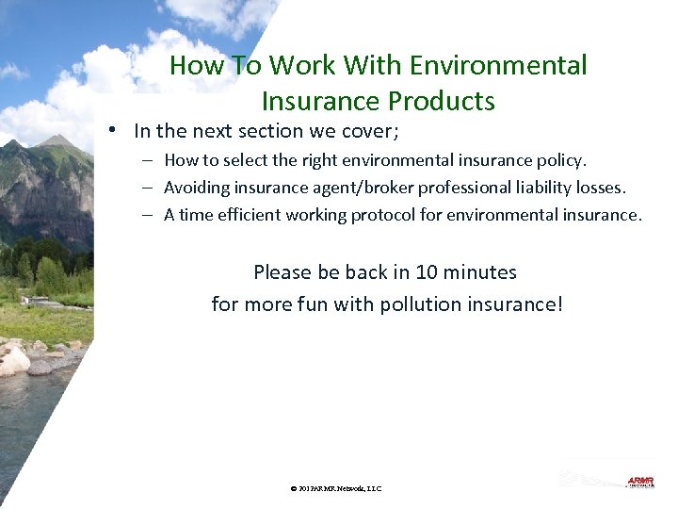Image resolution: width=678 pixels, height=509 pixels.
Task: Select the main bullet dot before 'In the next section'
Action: (x=112, y=131)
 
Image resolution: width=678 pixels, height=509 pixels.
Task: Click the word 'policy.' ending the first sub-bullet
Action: (x=559, y=160)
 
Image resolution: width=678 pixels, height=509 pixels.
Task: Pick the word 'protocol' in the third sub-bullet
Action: (x=383, y=215)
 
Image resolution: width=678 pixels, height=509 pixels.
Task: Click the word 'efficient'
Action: (x=249, y=215)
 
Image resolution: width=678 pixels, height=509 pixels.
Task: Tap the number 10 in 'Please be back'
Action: (x=426, y=272)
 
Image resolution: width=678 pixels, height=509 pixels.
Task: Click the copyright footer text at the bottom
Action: (x=336, y=488)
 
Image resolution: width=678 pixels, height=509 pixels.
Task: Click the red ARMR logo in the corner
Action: (x=640, y=482)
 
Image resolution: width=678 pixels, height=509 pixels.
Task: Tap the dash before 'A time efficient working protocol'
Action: (x=149, y=215)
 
